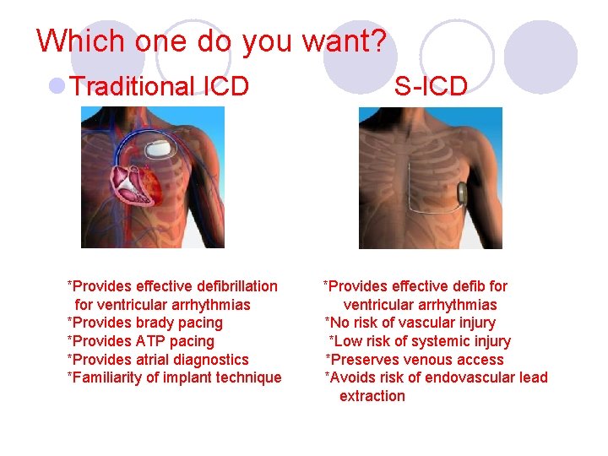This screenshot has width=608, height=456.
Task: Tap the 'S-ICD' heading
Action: point(431,86)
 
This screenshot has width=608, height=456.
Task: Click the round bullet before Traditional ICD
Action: point(58,86)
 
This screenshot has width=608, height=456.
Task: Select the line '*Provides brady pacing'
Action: point(145,323)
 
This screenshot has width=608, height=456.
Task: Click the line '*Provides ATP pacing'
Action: point(141,341)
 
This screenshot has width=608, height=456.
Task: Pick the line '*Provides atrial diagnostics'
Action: point(158,360)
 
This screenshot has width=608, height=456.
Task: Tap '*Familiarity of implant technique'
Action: point(174,377)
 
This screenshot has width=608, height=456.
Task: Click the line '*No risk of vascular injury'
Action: point(410,323)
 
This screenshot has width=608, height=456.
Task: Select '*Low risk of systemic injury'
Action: point(420,341)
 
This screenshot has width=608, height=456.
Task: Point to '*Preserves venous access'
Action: point(415,360)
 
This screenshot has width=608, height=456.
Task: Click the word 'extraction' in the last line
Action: point(372,396)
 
